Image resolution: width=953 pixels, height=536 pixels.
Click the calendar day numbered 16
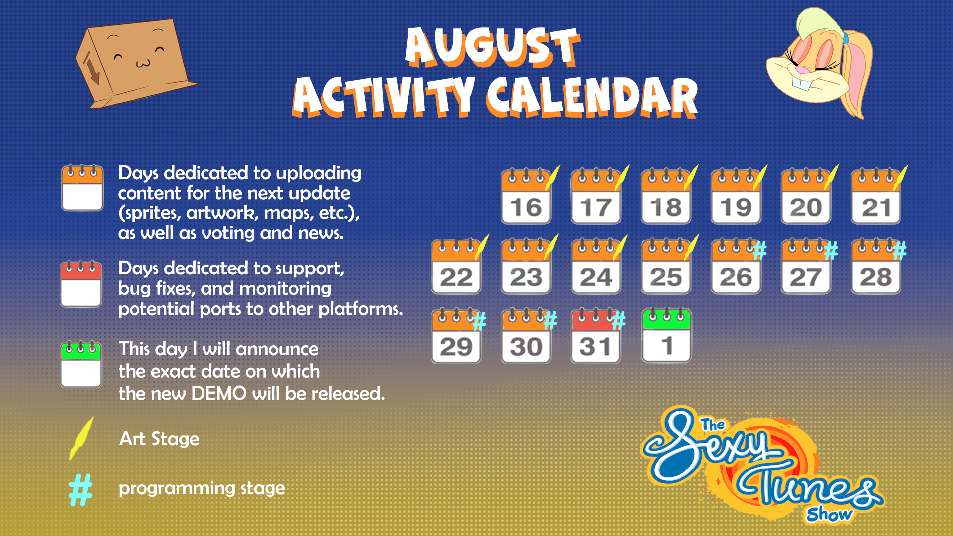[526, 197]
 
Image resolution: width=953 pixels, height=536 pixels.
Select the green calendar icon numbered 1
[666, 335]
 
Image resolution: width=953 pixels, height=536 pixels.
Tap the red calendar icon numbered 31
[596, 336]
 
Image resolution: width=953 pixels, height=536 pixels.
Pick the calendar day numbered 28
[876, 267]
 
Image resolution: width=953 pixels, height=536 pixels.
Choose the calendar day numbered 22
[456, 267]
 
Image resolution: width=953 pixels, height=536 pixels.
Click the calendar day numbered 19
[736, 197]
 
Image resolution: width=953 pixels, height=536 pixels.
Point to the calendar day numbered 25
[666, 267]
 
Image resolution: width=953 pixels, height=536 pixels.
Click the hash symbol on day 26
[759, 250]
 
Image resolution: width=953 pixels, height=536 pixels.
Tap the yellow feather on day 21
[901, 178]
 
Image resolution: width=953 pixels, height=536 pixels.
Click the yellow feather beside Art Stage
[82, 438]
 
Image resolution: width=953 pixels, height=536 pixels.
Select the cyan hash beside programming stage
[81, 490]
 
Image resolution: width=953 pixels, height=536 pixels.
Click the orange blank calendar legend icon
[82, 188]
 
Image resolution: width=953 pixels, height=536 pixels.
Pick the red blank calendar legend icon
[81, 284]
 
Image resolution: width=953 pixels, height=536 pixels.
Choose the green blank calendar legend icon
[81, 364]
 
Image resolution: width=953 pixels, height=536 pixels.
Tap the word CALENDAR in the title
[592, 97]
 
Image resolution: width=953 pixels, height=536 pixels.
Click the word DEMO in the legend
[219, 394]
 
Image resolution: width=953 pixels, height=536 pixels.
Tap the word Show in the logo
[829, 514]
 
